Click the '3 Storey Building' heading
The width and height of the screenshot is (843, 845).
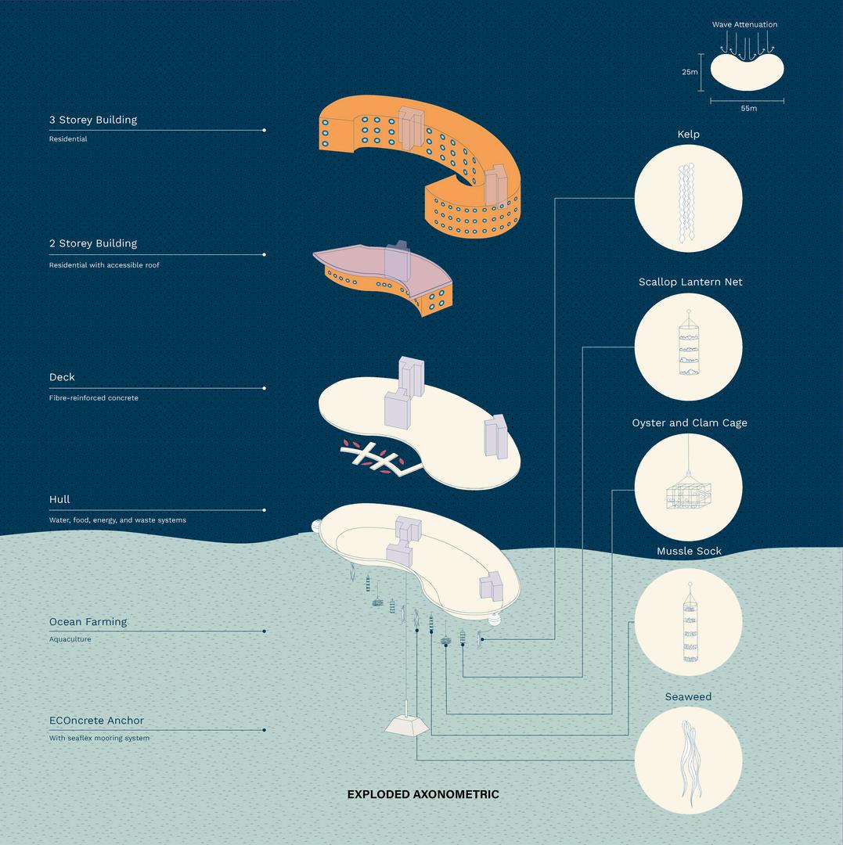(x=93, y=120)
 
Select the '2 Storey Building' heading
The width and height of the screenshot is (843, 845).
(x=93, y=243)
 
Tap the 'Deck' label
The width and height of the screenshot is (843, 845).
(x=62, y=377)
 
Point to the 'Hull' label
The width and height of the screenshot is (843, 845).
(x=59, y=499)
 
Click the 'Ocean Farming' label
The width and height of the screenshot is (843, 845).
(x=88, y=622)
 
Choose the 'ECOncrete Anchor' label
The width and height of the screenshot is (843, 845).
(x=96, y=721)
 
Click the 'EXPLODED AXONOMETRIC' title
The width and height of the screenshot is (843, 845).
(x=423, y=794)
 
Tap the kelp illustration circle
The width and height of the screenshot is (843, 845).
(x=688, y=199)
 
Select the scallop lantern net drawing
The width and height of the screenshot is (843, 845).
(x=688, y=346)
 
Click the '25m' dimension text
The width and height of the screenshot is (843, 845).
(x=690, y=72)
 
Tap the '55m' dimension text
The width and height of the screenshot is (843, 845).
(x=748, y=108)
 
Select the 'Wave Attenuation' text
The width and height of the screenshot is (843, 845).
(x=744, y=25)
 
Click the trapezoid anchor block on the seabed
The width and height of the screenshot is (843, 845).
(x=406, y=725)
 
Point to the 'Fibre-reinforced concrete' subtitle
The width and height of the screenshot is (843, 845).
(x=94, y=397)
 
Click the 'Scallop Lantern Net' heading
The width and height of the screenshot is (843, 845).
(x=690, y=282)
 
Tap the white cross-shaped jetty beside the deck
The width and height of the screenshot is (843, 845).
(x=374, y=458)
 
